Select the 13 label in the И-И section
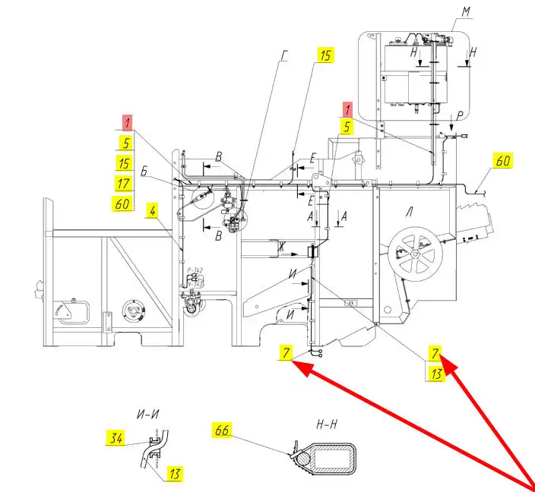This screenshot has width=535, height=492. (x=175, y=475)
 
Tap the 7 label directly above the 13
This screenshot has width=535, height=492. (x=435, y=353)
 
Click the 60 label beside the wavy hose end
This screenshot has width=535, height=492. (x=503, y=161)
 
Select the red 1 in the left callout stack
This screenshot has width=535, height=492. (x=128, y=121)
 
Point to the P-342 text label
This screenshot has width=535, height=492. (x=194, y=270)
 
